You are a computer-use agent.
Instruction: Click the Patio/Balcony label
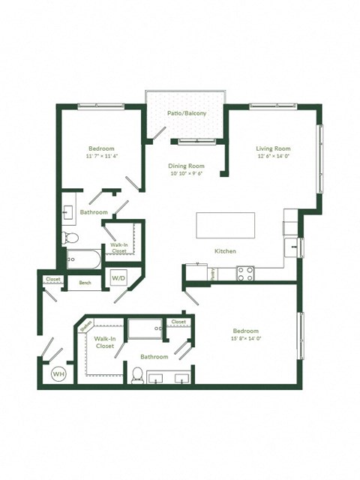(x=185, y=113)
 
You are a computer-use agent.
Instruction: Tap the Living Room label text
(x=274, y=148)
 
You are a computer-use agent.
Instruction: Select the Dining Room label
(x=186, y=166)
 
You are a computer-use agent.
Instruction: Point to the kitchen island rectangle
(x=225, y=225)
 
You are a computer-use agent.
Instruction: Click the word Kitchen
(x=226, y=250)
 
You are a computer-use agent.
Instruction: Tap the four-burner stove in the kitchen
(x=247, y=273)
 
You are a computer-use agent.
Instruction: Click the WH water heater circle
(x=58, y=373)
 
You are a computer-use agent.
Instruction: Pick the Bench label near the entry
(x=85, y=283)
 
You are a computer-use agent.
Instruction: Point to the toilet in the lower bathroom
(x=138, y=374)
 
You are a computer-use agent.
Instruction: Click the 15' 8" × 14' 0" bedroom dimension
(x=245, y=339)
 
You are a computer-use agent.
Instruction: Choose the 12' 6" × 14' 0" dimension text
(x=274, y=156)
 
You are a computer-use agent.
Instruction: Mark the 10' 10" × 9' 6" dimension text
(x=186, y=174)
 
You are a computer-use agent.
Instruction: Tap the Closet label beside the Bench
(x=52, y=280)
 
